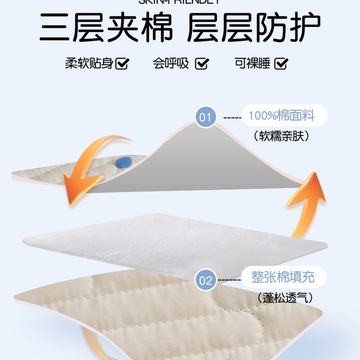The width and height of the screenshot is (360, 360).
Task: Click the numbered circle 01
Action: point(205,117)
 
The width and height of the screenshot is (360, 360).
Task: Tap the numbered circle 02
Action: point(205,280)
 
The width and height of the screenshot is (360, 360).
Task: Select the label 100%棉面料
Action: point(281,116)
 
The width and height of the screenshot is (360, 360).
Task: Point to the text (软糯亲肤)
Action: point(281,136)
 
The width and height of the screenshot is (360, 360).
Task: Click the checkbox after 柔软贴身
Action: point(122,63)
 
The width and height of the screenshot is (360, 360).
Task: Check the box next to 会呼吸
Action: point(202,63)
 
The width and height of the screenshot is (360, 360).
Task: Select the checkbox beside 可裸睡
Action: point(281,63)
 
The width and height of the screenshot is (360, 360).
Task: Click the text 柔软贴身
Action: point(89,63)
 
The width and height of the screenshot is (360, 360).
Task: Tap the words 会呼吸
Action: point(171,63)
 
